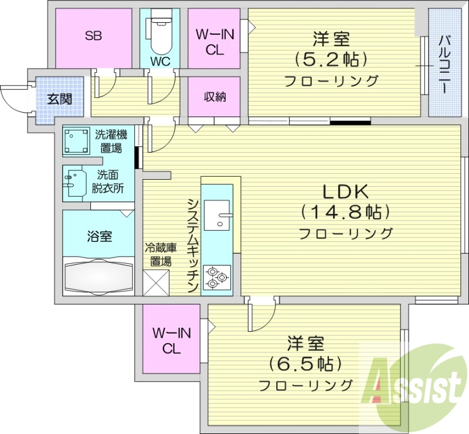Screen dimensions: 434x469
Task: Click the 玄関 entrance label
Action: coord(60,98)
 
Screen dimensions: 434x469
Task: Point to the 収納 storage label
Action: coord(215,97)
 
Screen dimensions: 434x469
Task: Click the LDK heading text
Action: coord(345,192)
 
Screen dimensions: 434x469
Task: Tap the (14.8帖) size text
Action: coord(345,211)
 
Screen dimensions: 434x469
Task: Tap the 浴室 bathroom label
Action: coord(99,237)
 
